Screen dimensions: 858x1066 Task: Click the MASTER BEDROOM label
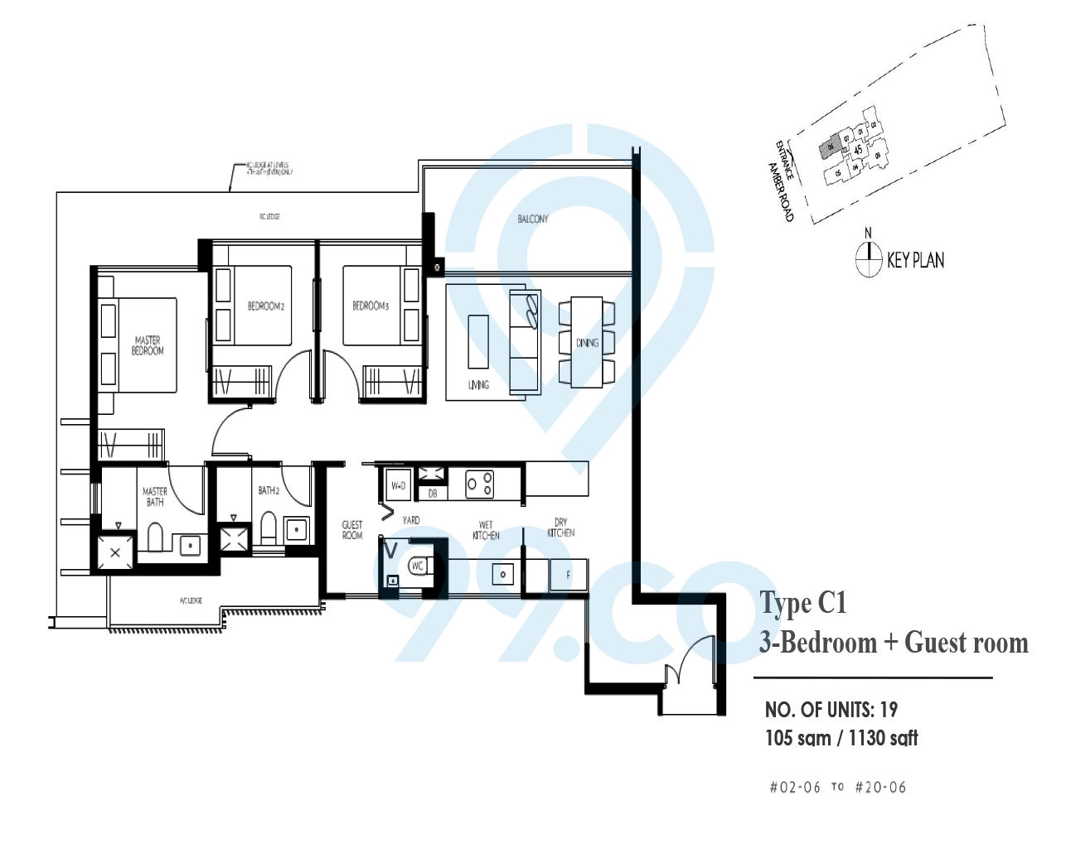click(x=148, y=345)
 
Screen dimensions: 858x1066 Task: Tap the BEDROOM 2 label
click(x=265, y=306)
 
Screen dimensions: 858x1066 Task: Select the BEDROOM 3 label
click(x=371, y=306)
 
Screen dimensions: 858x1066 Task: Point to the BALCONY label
click(x=532, y=219)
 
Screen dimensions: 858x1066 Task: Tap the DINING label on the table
click(x=587, y=343)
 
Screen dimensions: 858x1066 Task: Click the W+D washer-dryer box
click(x=398, y=486)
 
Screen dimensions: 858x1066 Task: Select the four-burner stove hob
click(x=479, y=484)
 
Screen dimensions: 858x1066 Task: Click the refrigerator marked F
click(x=568, y=574)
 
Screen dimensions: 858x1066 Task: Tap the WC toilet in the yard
click(x=417, y=566)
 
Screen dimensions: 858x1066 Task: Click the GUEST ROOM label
click(x=352, y=530)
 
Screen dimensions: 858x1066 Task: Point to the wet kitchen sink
click(x=502, y=573)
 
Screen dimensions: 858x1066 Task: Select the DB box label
click(x=433, y=494)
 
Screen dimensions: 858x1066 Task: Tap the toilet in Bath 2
click(x=269, y=527)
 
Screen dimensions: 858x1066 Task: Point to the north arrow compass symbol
click(x=868, y=259)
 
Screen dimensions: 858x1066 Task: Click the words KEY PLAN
click(x=915, y=260)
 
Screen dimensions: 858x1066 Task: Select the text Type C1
click(x=803, y=602)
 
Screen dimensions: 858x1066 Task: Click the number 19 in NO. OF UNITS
click(x=888, y=710)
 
